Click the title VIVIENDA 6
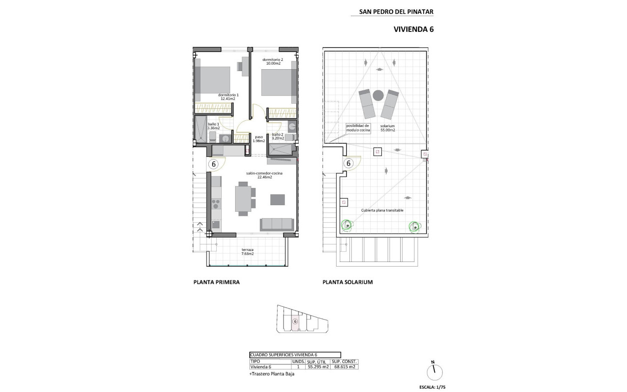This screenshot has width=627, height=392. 414,29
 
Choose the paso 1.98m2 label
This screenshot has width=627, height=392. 259,138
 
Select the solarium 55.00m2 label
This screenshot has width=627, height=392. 388,128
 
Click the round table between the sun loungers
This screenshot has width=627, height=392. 379,95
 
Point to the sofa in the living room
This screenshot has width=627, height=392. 277,224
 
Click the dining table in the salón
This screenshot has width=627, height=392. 243,198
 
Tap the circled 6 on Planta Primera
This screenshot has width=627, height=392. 213,163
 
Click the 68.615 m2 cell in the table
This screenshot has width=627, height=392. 344,367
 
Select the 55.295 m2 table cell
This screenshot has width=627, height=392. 318,367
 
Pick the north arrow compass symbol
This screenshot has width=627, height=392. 434,371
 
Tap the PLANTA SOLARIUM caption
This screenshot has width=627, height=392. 348,282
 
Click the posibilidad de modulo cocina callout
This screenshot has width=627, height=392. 358,128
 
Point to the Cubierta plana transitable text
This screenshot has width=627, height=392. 382,210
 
